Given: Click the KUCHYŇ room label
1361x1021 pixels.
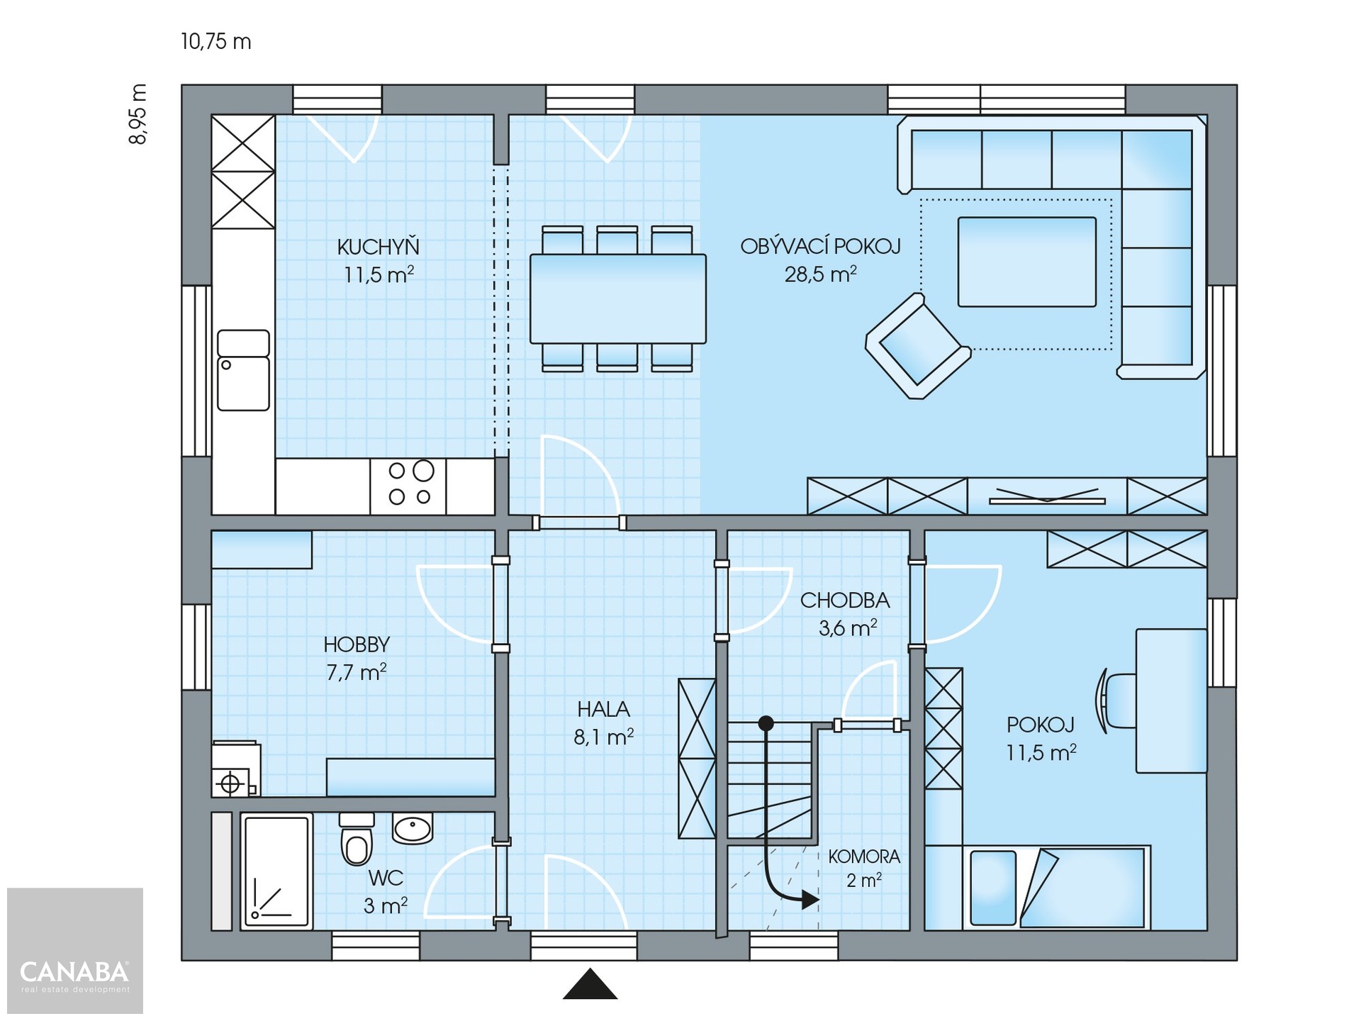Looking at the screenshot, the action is click(x=378, y=247).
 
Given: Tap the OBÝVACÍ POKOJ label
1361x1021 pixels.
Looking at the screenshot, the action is click(x=820, y=246).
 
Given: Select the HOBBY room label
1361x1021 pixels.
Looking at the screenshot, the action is click(x=357, y=645).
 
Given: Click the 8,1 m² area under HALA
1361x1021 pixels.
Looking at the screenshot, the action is click(x=603, y=737).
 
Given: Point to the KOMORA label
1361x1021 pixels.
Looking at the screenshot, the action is click(x=864, y=857).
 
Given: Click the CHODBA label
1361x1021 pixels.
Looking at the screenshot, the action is click(x=845, y=601).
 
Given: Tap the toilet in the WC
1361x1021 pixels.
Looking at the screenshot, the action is click(x=357, y=839).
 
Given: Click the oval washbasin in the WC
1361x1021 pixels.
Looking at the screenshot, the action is click(x=413, y=827).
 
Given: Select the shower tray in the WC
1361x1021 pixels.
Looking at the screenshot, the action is click(x=276, y=871).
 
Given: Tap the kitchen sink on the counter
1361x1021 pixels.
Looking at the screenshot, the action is click(x=243, y=370).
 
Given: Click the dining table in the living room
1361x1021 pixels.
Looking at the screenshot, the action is click(x=617, y=299).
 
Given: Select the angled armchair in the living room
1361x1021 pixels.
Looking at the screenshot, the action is click(x=918, y=346).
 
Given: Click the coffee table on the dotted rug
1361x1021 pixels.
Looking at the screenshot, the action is click(x=1027, y=262).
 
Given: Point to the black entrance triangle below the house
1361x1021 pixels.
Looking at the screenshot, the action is click(x=590, y=984).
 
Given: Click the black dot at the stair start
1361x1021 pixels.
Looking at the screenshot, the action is click(x=766, y=723).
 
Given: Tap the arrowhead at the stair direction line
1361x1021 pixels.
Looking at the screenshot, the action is click(x=810, y=900).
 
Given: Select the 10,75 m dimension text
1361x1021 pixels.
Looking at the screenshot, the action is click(x=216, y=42).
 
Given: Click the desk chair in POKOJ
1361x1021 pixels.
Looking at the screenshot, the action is click(x=1116, y=701).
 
